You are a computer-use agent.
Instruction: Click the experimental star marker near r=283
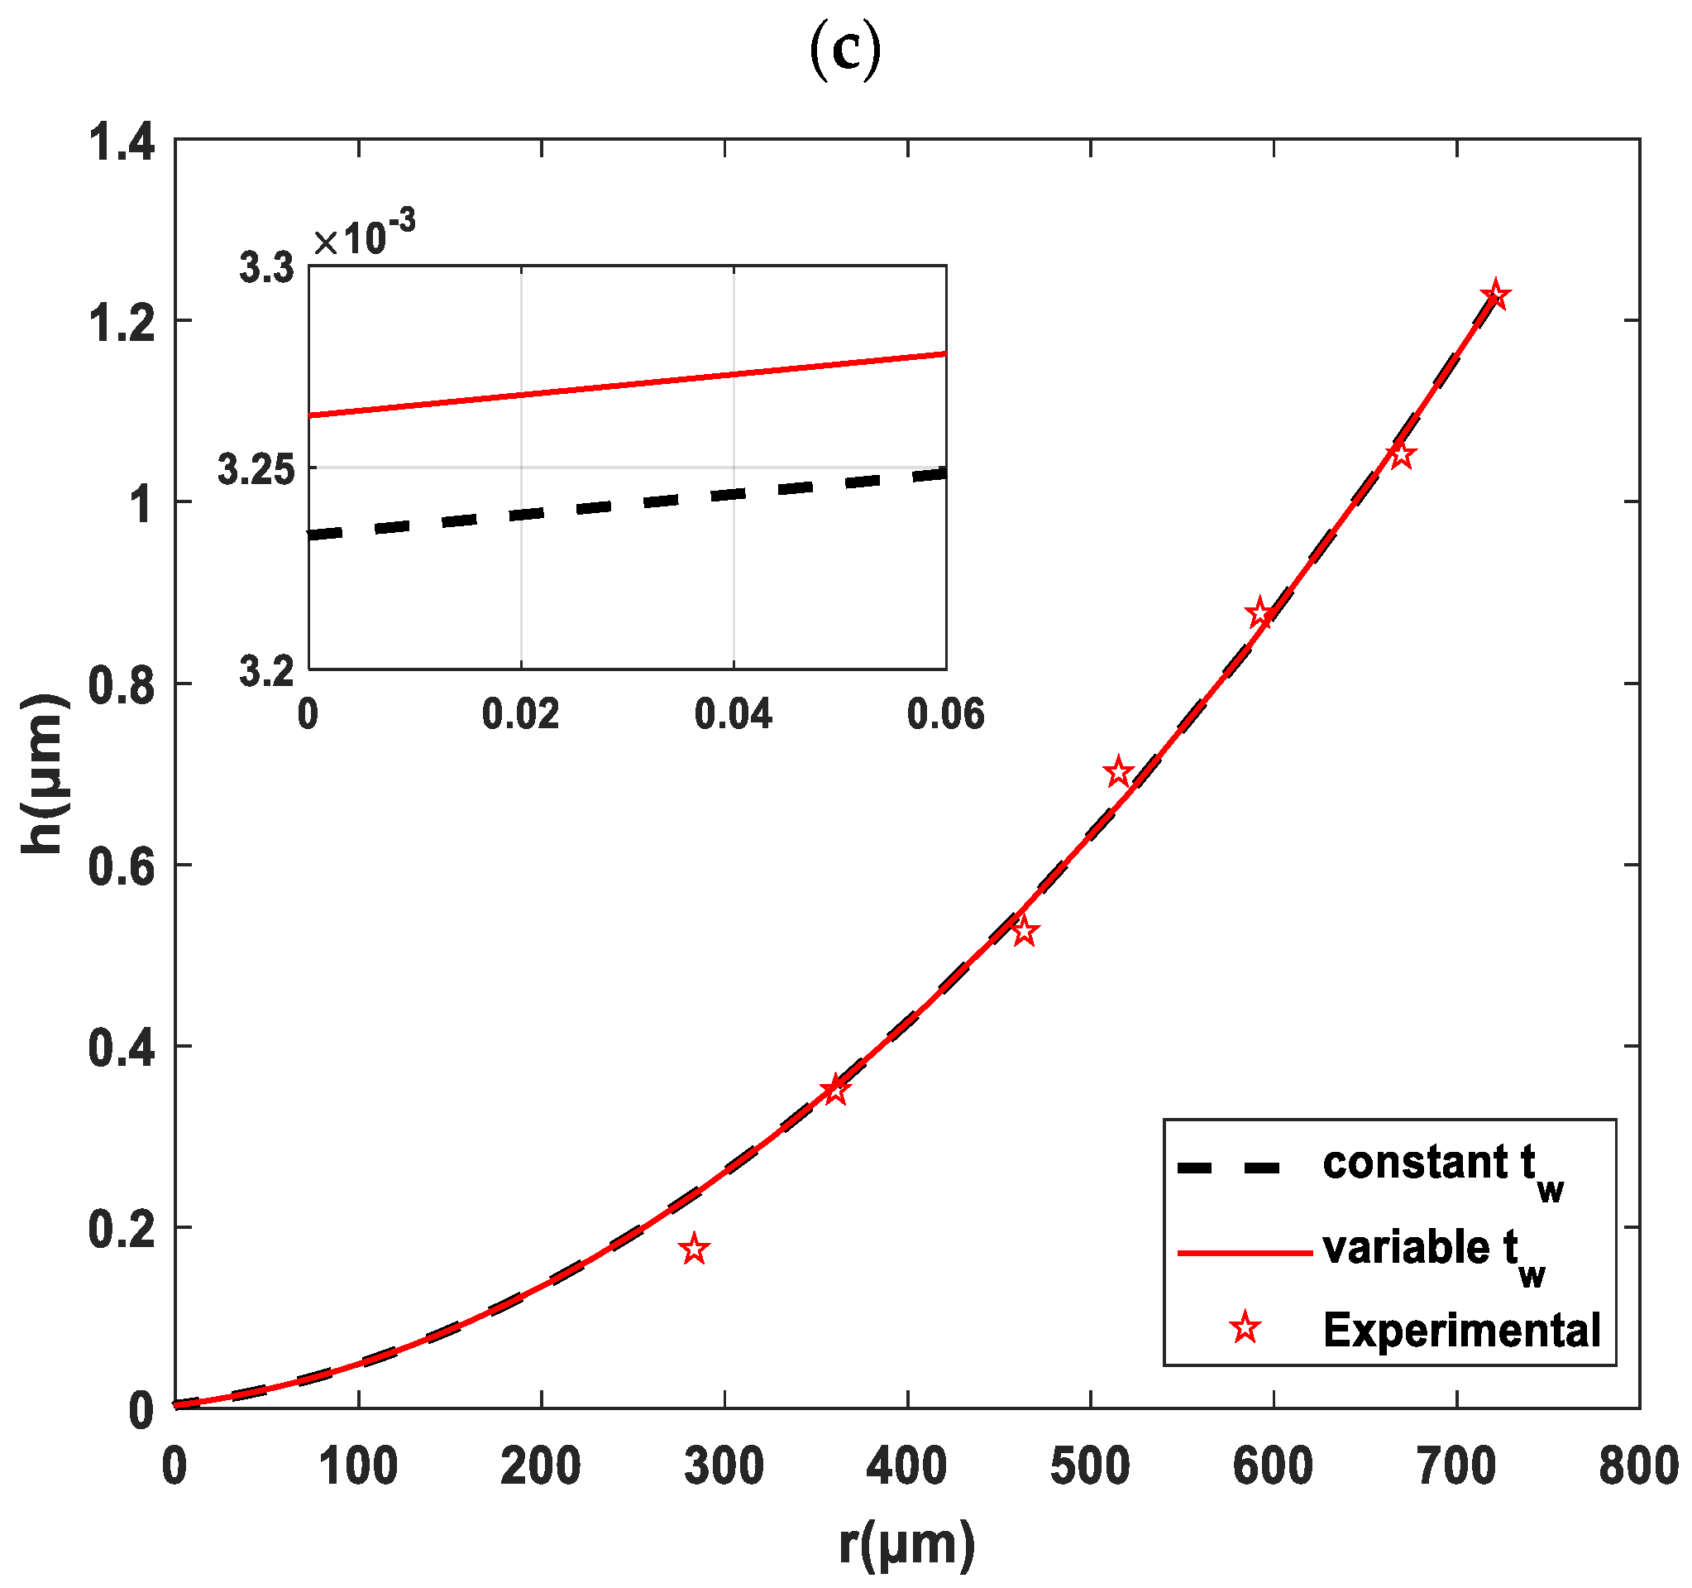tap(695, 1249)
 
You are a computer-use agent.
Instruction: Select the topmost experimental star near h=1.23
tap(1495, 296)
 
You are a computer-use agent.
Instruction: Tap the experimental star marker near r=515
tap(1118, 773)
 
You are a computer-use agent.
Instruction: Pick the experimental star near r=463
tap(1025, 932)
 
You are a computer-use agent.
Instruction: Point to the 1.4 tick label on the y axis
tap(122, 142)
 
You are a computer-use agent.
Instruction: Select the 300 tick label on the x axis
tap(724, 1467)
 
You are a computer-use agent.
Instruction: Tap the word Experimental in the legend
tap(1461, 1330)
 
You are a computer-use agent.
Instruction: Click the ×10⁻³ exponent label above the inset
tap(364, 237)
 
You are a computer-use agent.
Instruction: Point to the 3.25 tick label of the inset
tap(256, 469)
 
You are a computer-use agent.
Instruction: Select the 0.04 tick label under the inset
tap(733, 713)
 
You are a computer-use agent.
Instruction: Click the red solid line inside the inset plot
tap(626, 384)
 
